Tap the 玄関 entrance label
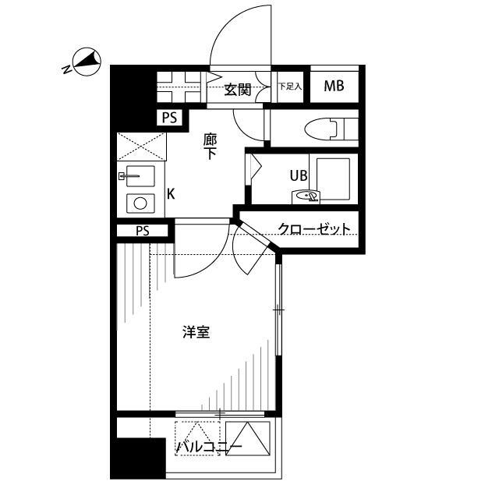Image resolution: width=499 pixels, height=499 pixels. point(238,90)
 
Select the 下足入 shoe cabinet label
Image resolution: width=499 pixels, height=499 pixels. point(289,87)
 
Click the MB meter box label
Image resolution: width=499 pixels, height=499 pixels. point(334,87)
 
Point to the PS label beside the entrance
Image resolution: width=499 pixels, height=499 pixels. point(169,119)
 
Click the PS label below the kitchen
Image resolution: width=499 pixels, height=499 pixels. point(142,231)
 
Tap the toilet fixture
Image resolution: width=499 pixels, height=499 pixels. point(331,126)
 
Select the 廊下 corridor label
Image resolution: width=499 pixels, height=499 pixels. point(210,146)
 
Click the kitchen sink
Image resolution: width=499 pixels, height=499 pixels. point(140,178)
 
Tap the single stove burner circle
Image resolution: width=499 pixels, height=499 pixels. point(140,203)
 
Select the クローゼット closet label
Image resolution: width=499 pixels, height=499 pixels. point(313,229)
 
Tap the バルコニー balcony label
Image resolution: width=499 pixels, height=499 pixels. point(209,448)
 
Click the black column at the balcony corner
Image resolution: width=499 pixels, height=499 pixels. point(137,458)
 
